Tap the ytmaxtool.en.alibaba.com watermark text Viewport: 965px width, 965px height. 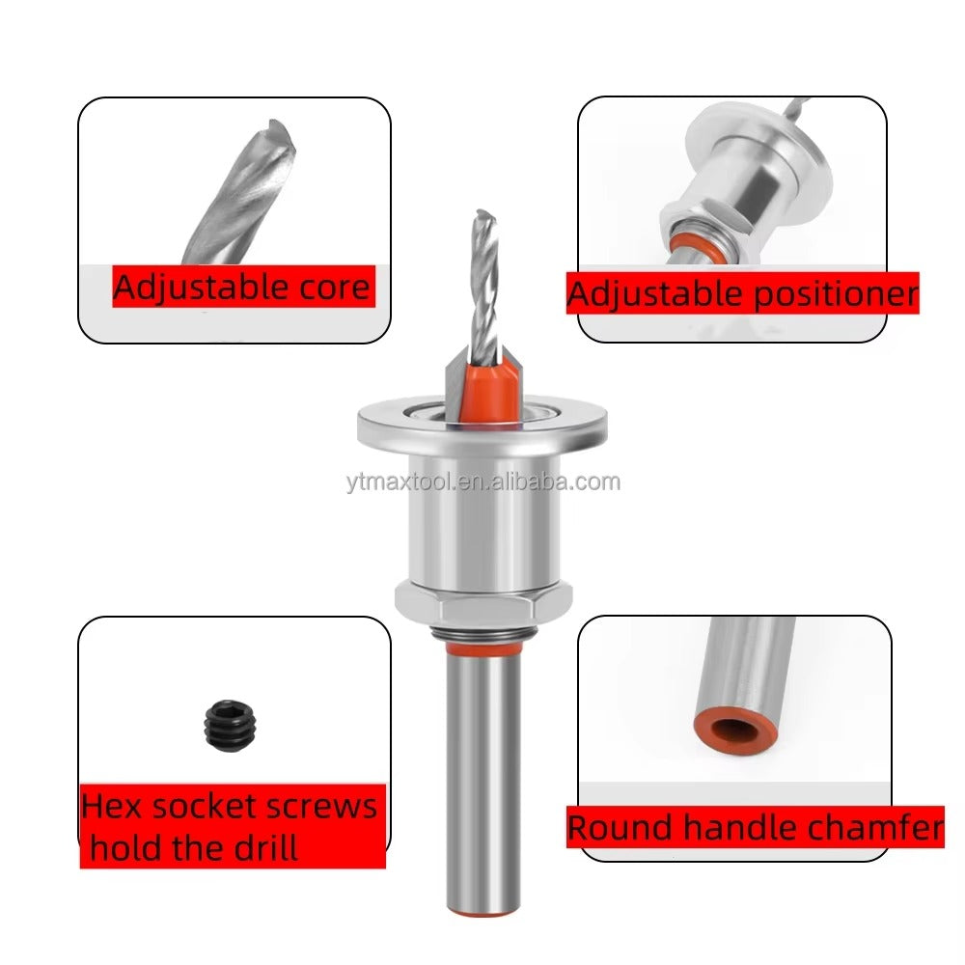482,482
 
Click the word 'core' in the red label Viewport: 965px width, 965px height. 333,288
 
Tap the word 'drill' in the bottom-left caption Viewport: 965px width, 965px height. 258,848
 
